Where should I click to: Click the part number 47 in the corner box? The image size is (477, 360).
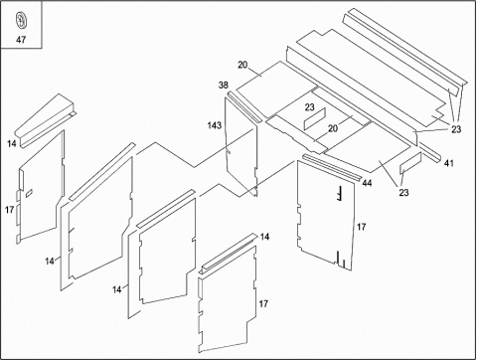point(21,40)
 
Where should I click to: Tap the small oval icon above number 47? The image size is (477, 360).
point(21,20)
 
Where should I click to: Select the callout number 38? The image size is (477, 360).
point(224,86)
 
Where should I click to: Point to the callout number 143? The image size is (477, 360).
point(215,125)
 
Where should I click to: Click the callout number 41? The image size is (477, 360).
point(449,163)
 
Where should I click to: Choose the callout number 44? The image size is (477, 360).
point(367,183)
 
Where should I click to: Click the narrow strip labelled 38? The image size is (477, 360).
point(244,106)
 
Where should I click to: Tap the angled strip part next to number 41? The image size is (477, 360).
point(430,152)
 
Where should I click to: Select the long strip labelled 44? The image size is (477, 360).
point(332,167)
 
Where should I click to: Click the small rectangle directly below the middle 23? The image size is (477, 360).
point(315,119)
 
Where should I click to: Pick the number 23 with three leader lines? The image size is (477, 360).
point(456,129)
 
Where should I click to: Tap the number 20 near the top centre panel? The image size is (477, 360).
point(242,65)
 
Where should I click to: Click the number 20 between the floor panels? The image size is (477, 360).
point(333,128)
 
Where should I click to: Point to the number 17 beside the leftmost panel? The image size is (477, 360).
point(10,210)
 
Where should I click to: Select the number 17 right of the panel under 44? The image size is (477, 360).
point(361,227)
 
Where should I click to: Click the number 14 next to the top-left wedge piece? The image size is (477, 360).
point(12,143)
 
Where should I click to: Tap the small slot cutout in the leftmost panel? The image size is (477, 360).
point(29,193)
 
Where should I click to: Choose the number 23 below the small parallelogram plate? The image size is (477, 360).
point(403,192)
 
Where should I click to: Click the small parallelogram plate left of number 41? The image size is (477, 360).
point(410,163)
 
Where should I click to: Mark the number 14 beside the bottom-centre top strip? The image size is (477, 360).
point(264,237)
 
